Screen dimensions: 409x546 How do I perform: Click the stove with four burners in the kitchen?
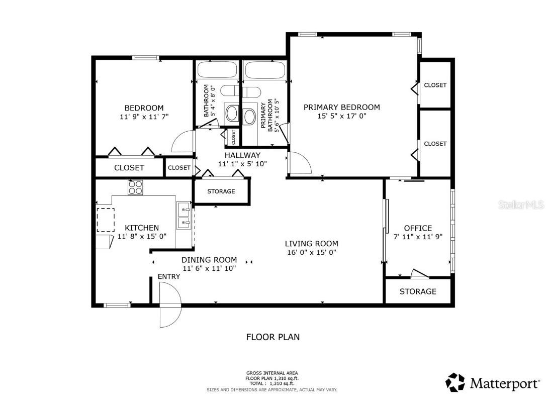135,187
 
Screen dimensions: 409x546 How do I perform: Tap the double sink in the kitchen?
184,215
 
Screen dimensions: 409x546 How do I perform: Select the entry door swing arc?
170,304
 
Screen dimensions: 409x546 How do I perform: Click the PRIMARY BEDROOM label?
341,107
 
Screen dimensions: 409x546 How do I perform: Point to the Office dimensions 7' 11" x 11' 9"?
417,237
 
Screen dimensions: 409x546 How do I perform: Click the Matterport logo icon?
455,382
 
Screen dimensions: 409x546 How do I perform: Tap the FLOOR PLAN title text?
272,337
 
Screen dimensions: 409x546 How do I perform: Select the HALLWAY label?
242,155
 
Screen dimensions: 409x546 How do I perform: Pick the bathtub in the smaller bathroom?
217,69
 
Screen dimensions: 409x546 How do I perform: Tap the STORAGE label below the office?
418,291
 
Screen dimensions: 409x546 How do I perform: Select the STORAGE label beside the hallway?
221,191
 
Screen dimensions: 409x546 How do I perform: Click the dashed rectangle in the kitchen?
106,220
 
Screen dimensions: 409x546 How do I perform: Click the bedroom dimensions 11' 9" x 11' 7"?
144,117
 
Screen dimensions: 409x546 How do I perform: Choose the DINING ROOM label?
209,260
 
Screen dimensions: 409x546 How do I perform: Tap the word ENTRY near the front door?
168,277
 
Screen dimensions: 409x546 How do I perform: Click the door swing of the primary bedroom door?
299,162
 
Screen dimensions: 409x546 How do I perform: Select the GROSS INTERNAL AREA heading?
272,373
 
